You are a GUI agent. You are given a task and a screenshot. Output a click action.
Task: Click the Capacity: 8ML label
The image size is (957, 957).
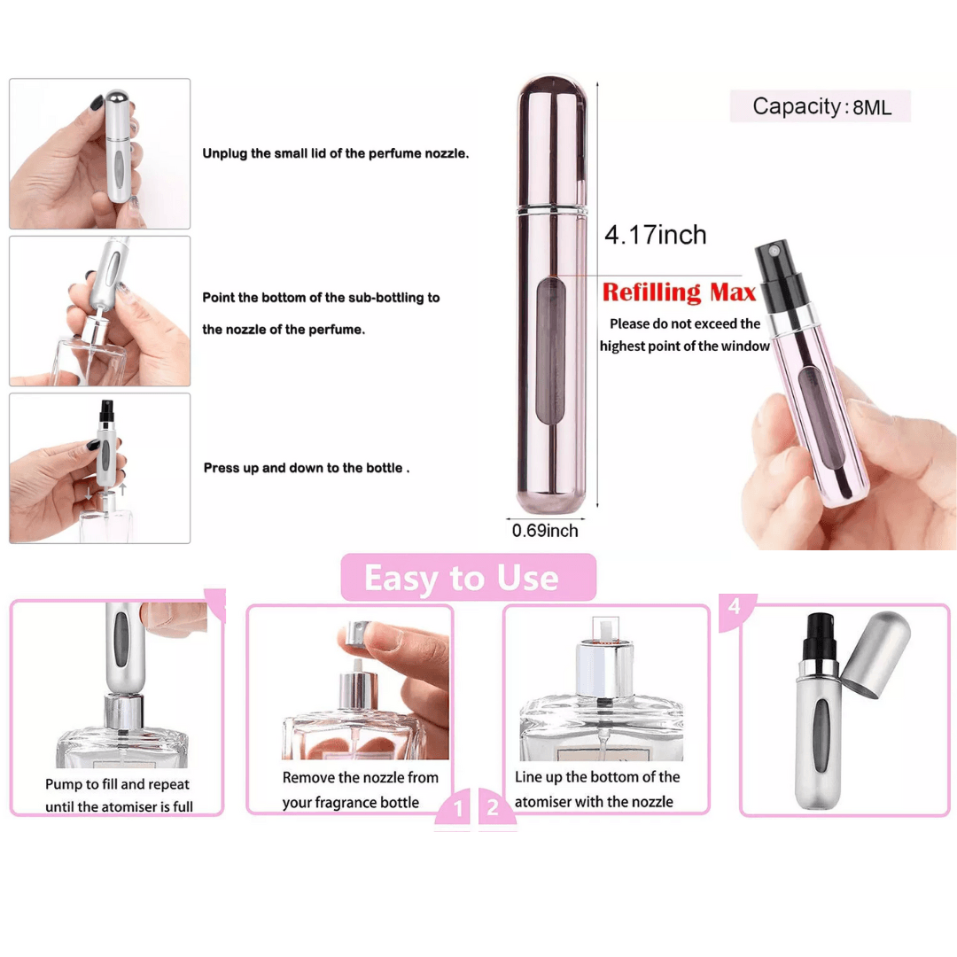pos(821,107)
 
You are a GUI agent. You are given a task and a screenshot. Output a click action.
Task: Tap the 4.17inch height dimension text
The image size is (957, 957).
pos(656,235)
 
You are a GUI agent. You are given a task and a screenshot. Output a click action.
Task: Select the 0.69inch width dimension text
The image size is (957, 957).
pos(545,531)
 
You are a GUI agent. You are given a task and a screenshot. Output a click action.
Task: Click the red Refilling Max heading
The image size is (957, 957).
pos(679,292)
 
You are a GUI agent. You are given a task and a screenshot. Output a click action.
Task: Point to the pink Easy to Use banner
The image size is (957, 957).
pos(468,578)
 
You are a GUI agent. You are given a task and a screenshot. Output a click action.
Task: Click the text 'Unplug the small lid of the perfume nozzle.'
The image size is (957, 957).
pos(336,153)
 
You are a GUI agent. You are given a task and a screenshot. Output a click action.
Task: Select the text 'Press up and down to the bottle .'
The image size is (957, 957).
pos(307,468)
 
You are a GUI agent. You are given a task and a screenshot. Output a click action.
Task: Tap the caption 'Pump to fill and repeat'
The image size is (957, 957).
pos(117,783)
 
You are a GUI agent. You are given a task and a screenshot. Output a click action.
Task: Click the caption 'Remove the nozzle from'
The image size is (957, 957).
pos(360,778)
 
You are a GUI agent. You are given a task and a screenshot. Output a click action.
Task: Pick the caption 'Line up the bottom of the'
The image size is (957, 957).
pos(597,777)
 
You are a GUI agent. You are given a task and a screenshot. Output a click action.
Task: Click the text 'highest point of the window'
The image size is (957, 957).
pos(684,346)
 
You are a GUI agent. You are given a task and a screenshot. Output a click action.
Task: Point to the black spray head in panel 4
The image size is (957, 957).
pos(820,638)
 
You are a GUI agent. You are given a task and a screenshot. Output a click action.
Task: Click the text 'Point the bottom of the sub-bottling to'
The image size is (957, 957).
pos(321,297)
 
